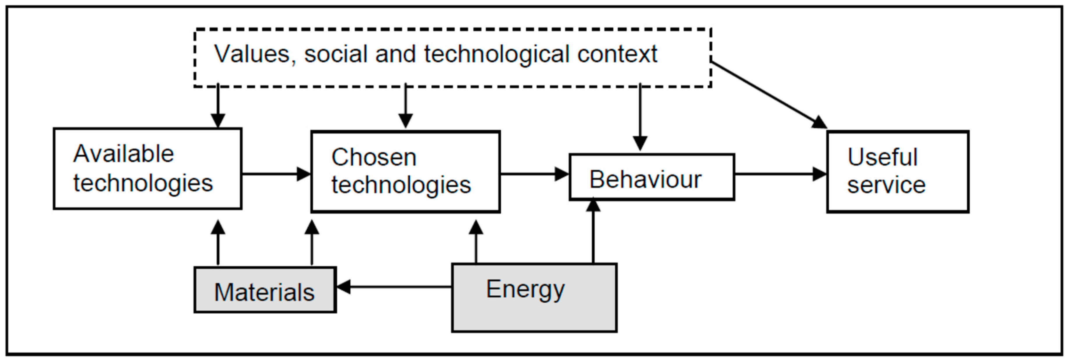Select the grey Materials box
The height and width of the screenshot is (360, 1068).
264,290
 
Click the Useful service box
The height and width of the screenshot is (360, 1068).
898,172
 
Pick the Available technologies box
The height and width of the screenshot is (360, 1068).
147,169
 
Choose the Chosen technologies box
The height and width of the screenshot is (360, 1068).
405,172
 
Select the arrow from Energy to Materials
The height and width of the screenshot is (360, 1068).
394,287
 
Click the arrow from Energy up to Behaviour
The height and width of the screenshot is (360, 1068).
593,232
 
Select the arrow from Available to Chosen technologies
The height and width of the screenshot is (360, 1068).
276,174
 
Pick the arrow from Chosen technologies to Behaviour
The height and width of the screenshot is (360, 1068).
534,174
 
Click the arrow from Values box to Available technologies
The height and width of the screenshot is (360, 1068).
218,106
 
